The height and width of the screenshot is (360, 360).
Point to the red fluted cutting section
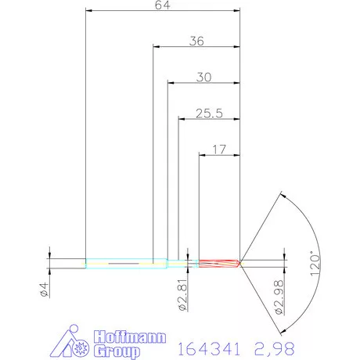[x=219, y=263]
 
